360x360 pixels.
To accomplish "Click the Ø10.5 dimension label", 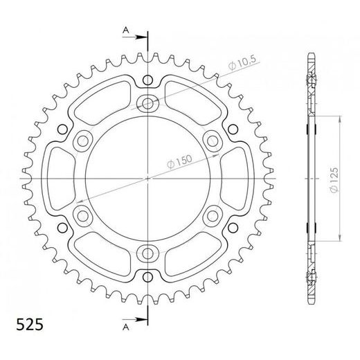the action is [242, 62].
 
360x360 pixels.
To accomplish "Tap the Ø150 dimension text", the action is [179, 161].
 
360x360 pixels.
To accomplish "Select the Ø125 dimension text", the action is [334, 179].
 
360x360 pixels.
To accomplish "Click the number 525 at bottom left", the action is [30, 325].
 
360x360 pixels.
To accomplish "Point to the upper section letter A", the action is [126, 30].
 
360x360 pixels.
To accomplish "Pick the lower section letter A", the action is [126, 327].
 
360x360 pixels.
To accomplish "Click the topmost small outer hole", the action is [147, 80].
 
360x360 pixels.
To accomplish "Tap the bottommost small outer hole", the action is [147, 277].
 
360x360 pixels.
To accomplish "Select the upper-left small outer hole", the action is [62, 129].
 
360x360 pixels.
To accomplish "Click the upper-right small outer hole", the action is [233, 129].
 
